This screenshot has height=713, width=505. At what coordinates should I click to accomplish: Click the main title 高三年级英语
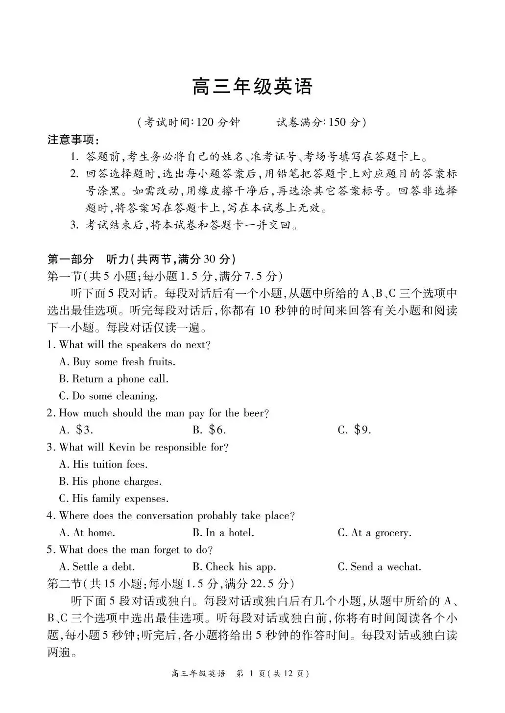252,87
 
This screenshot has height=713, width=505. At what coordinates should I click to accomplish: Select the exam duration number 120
205,122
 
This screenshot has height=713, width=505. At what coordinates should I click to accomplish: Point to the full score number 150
337,122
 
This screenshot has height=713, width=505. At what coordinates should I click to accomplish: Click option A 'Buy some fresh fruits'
117,362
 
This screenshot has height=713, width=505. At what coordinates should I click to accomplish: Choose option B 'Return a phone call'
114,379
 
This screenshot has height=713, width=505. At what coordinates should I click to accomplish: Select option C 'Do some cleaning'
108,396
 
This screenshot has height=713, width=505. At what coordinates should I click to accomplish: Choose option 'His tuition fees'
103,464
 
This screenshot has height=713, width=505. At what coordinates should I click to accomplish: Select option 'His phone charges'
110,481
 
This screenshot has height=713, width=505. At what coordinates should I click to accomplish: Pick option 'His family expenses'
114,499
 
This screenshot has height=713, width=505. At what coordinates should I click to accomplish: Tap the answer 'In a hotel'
223,533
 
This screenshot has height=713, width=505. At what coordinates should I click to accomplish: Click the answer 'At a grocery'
375,533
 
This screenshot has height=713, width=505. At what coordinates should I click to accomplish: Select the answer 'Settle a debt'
97,567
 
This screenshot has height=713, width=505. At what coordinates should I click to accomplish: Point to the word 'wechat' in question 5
403,567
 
